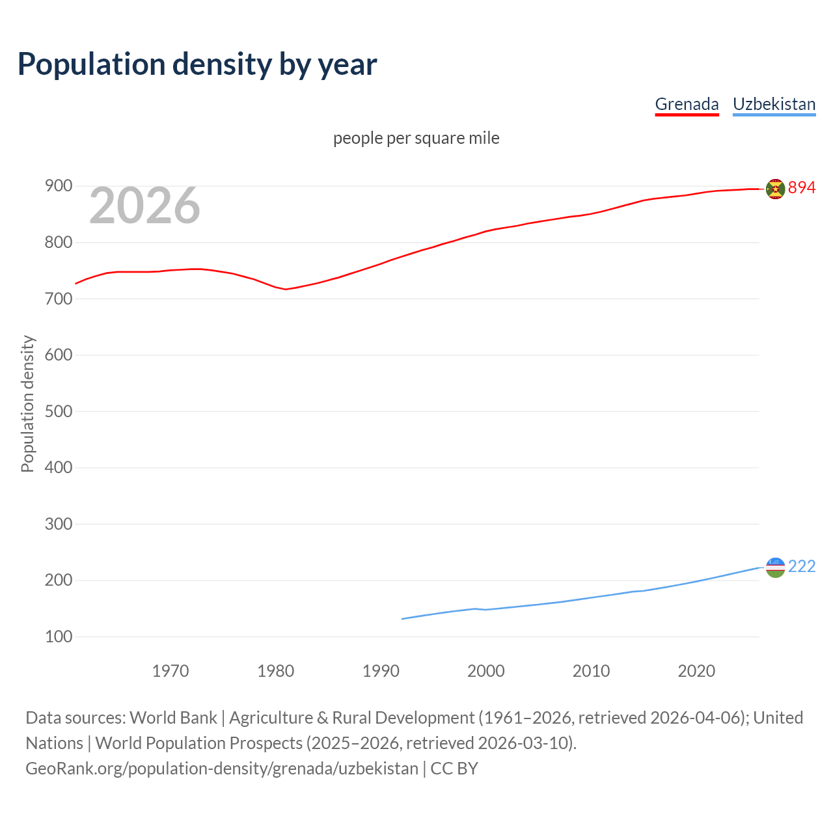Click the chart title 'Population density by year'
point(197,64)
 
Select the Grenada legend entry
point(687,104)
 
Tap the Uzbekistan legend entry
point(774,104)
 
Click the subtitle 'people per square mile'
point(416,138)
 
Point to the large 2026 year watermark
point(144,206)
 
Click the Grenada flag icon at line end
point(775,189)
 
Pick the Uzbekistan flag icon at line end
point(775,567)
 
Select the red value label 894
point(802,187)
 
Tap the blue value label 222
point(802,566)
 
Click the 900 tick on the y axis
point(58,186)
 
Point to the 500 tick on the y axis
point(58,411)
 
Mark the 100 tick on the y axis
point(58,636)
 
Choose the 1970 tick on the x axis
point(171,670)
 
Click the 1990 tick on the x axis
point(381,670)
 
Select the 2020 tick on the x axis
point(696,670)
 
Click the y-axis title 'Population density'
point(27,403)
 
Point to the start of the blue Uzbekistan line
point(402,619)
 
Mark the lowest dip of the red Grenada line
point(286,289)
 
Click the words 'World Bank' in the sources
point(173,717)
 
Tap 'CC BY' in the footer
point(454,768)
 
